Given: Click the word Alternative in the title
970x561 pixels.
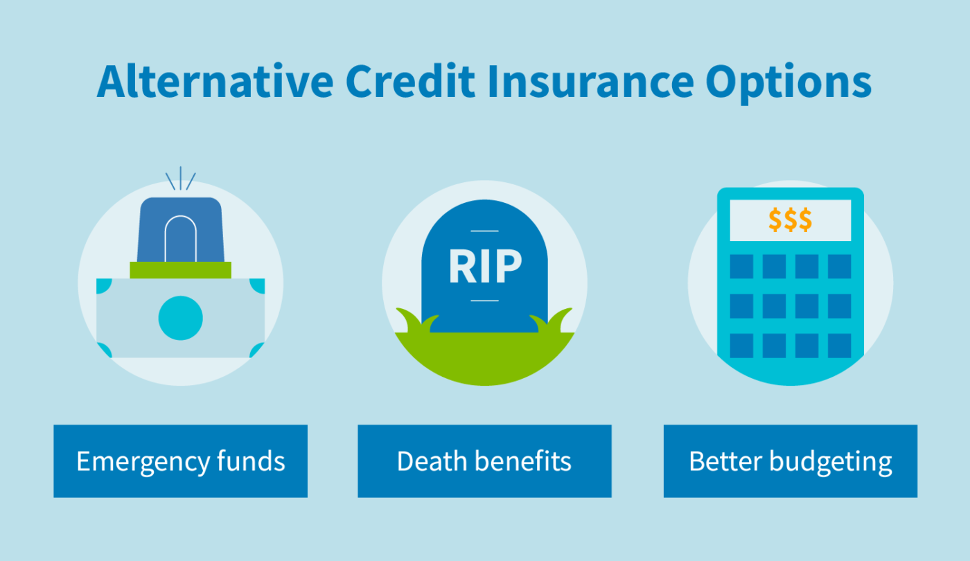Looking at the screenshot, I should point(215,82).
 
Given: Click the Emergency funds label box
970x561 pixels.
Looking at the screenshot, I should point(180,461).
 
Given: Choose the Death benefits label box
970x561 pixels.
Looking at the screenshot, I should point(484,461).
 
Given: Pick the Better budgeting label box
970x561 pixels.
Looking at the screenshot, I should point(790,461).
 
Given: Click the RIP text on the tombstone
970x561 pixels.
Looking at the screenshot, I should point(484,267).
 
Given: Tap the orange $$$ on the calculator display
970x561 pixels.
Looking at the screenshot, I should point(790,220).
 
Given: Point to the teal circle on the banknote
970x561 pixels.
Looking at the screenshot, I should point(180,318).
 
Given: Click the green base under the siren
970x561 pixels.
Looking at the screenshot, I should point(180,270).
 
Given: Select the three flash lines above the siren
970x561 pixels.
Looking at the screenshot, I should point(180,179).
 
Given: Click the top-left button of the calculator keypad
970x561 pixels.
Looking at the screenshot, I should point(741,266).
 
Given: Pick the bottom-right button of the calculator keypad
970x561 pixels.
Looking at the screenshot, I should point(839,345).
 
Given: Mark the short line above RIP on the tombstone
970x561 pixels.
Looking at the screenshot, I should point(484,231).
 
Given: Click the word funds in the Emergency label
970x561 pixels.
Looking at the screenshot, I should point(251,461).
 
